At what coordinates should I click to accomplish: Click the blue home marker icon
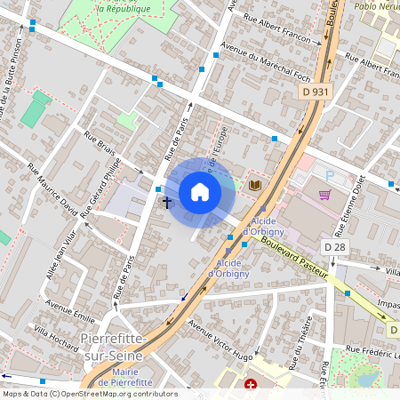point(200,192)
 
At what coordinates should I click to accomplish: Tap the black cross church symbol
point(166,203)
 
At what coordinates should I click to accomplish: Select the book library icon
point(256,185)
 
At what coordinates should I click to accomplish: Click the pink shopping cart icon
point(325,195)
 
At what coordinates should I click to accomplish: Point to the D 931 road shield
point(315,92)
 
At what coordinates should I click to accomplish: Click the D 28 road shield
point(334,246)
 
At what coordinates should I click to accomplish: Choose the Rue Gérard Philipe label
point(99,189)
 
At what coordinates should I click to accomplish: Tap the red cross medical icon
point(251,386)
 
